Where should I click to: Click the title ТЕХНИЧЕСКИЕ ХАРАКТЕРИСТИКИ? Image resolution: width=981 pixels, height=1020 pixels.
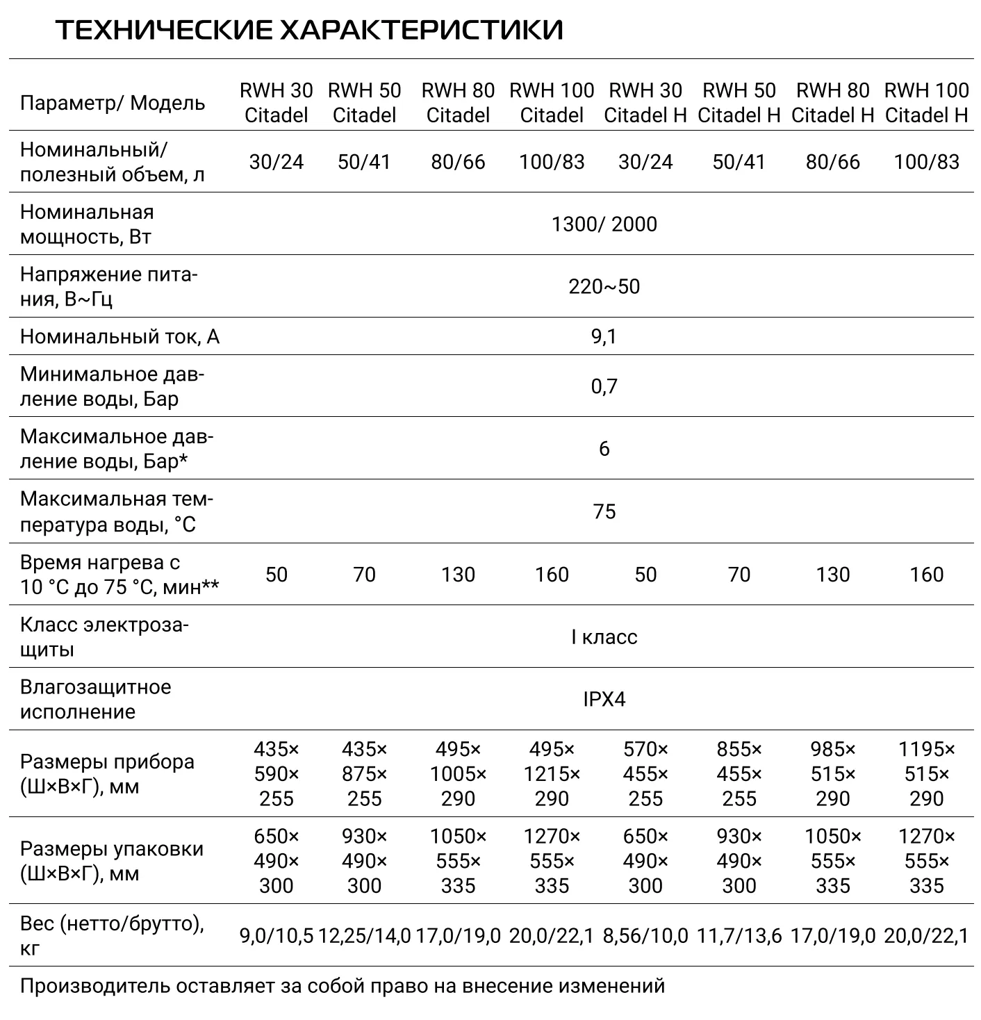coord(309,31)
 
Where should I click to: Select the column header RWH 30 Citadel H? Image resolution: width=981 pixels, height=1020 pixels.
coord(645,103)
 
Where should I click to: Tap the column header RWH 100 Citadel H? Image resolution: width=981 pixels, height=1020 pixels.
coord(926,103)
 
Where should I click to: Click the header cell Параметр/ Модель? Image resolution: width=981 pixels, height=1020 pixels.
coord(113,104)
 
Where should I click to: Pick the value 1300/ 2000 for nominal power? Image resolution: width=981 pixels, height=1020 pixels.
coord(604,224)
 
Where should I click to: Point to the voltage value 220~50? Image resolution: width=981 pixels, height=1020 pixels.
coord(604,287)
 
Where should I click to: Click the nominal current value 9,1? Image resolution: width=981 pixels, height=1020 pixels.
coord(604,337)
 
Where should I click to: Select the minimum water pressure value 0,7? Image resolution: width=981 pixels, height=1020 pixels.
coord(604,386)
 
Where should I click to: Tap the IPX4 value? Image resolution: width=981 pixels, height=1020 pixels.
coord(604,699)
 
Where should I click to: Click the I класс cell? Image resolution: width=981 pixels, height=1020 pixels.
coord(604,637)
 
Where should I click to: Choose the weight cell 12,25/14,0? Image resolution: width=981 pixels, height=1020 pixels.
coord(365,936)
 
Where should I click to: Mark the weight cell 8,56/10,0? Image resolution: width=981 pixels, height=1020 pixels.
coord(645,936)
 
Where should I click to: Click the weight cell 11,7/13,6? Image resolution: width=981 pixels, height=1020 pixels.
coord(739,936)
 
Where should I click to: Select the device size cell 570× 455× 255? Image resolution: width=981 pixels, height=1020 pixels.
coord(645,774)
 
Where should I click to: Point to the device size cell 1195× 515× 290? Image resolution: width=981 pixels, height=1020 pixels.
coord(926,774)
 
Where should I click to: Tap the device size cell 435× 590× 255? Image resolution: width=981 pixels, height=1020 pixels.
coord(277,774)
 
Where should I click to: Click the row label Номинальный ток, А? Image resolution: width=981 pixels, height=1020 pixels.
coord(119,337)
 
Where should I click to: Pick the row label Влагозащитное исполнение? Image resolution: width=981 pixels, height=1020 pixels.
coord(95,699)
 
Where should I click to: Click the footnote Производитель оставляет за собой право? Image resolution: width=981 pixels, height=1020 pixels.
coord(342,986)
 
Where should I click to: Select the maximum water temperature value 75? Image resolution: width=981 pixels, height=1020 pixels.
coord(604,512)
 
